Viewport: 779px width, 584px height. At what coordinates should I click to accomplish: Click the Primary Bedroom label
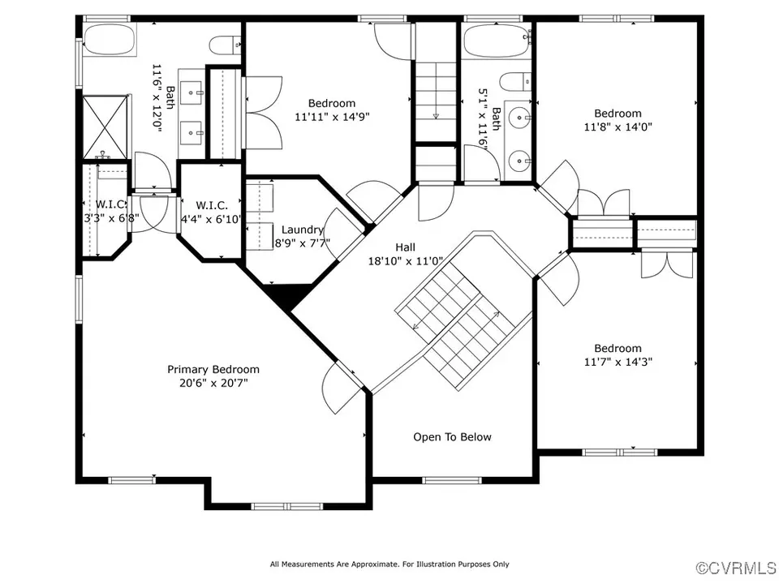click(213, 370)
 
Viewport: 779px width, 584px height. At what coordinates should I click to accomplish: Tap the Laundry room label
click(302, 230)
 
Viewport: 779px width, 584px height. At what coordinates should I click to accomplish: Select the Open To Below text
click(452, 437)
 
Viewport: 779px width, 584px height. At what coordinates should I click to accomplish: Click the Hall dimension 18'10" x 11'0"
click(406, 260)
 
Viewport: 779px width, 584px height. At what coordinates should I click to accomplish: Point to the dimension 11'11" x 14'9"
click(332, 117)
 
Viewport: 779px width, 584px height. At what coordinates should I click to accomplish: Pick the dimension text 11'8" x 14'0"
click(618, 127)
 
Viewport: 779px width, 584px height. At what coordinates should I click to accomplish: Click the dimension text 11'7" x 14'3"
click(618, 362)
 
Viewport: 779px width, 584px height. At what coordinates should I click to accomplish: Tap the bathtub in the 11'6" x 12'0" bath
click(110, 40)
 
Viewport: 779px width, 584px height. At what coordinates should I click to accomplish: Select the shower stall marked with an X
click(105, 127)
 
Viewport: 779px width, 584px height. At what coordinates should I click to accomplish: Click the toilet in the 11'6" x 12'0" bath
click(225, 45)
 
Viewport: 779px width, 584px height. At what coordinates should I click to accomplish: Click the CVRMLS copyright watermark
click(736, 568)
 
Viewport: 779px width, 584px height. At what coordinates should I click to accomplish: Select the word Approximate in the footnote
click(375, 565)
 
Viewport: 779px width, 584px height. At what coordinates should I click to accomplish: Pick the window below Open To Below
click(452, 480)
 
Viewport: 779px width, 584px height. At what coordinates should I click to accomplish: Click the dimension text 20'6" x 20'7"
click(213, 383)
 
